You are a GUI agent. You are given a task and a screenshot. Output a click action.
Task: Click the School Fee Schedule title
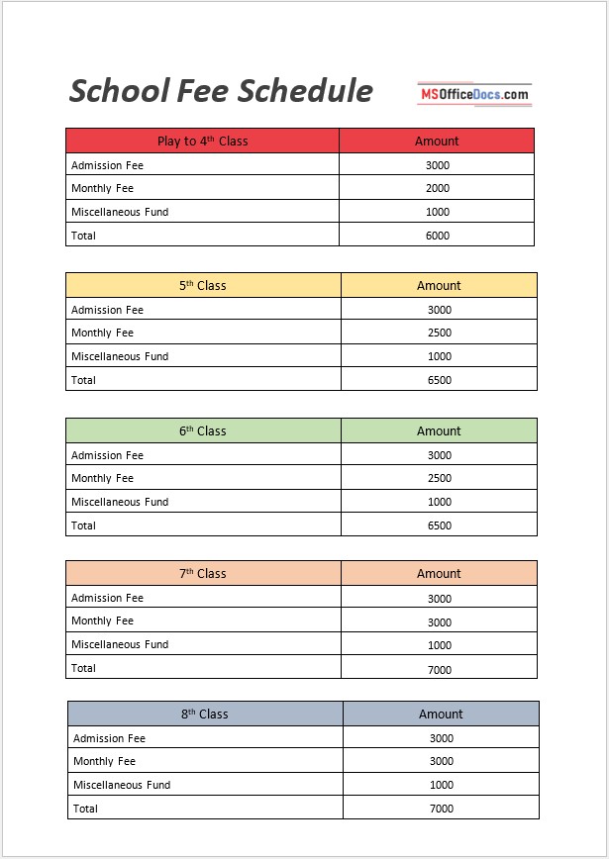(x=221, y=91)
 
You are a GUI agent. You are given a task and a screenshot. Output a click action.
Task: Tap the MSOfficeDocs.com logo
(x=473, y=94)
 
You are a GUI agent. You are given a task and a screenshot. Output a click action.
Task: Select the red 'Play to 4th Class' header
(x=202, y=141)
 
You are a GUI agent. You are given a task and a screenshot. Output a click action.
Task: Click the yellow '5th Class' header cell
(x=203, y=285)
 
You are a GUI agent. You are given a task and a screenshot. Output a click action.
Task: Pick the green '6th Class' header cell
(x=203, y=430)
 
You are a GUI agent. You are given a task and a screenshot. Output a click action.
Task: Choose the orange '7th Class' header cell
(x=203, y=573)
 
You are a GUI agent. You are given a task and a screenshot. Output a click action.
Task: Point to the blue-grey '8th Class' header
(x=205, y=714)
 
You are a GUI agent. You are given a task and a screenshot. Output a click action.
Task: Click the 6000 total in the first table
(x=437, y=236)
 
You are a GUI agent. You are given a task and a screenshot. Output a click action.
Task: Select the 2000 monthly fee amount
(x=437, y=188)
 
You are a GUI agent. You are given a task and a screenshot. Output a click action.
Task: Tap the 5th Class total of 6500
(x=439, y=380)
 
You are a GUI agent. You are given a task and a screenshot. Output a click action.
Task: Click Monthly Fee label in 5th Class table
(x=102, y=333)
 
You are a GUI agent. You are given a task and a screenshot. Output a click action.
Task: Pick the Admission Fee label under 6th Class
(x=107, y=455)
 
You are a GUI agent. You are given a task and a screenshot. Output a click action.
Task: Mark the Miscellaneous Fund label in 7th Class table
(x=120, y=644)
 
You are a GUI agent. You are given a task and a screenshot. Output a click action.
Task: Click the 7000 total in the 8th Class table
(x=441, y=809)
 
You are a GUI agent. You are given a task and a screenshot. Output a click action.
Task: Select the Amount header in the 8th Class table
(x=441, y=714)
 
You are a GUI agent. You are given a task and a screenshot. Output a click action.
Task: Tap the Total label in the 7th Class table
(x=84, y=668)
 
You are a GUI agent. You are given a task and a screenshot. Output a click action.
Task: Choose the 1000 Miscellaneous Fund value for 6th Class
(x=439, y=502)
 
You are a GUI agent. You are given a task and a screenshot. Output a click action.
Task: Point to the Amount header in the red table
(x=437, y=141)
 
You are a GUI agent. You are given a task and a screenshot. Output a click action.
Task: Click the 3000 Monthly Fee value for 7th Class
(x=439, y=622)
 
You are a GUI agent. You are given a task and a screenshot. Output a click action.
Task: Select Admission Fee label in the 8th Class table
(x=109, y=738)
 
